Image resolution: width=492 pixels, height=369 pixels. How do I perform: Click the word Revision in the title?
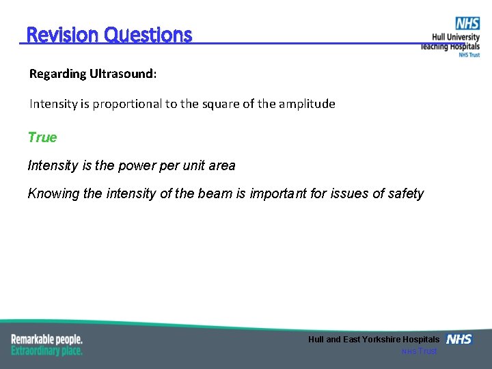click(62, 35)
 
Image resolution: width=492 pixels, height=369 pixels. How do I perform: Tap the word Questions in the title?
click(148, 35)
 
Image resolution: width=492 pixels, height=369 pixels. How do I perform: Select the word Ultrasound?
click(123, 74)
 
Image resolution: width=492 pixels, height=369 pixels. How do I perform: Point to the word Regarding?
click(57, 74)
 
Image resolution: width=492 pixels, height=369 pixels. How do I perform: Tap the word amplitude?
click(303, 105)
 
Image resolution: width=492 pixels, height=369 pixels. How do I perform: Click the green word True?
click(42, 137)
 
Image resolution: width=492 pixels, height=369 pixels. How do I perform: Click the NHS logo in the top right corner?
click(467, 24)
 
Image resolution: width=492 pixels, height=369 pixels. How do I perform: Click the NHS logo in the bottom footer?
click(459, 340)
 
